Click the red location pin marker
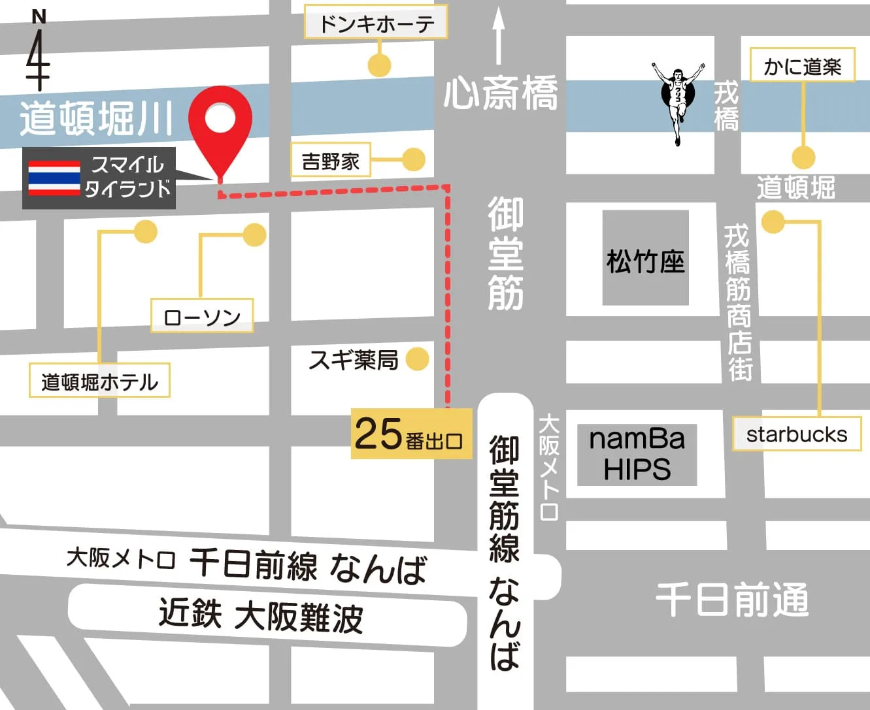click(x=220, y=124)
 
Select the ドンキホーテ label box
click(x=376, y=24)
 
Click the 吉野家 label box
click(x=330, y=161)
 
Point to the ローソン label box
click(x=202, y=317)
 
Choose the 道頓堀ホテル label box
click(x=99, y=381)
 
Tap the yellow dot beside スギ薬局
click(x=417, y=359)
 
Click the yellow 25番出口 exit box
click(x=411, y=434)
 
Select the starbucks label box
click(x=796, y=434)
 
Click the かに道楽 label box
click(x=802, y=66)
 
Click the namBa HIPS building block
click(x=637, y=455)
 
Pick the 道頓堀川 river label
click(x=96, y=118)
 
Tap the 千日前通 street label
click(x=731, y=599)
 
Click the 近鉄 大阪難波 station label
click(x=261, y=617)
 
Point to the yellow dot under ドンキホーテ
click(x=379, y=65)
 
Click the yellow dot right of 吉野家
click(x=413, y=159)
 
